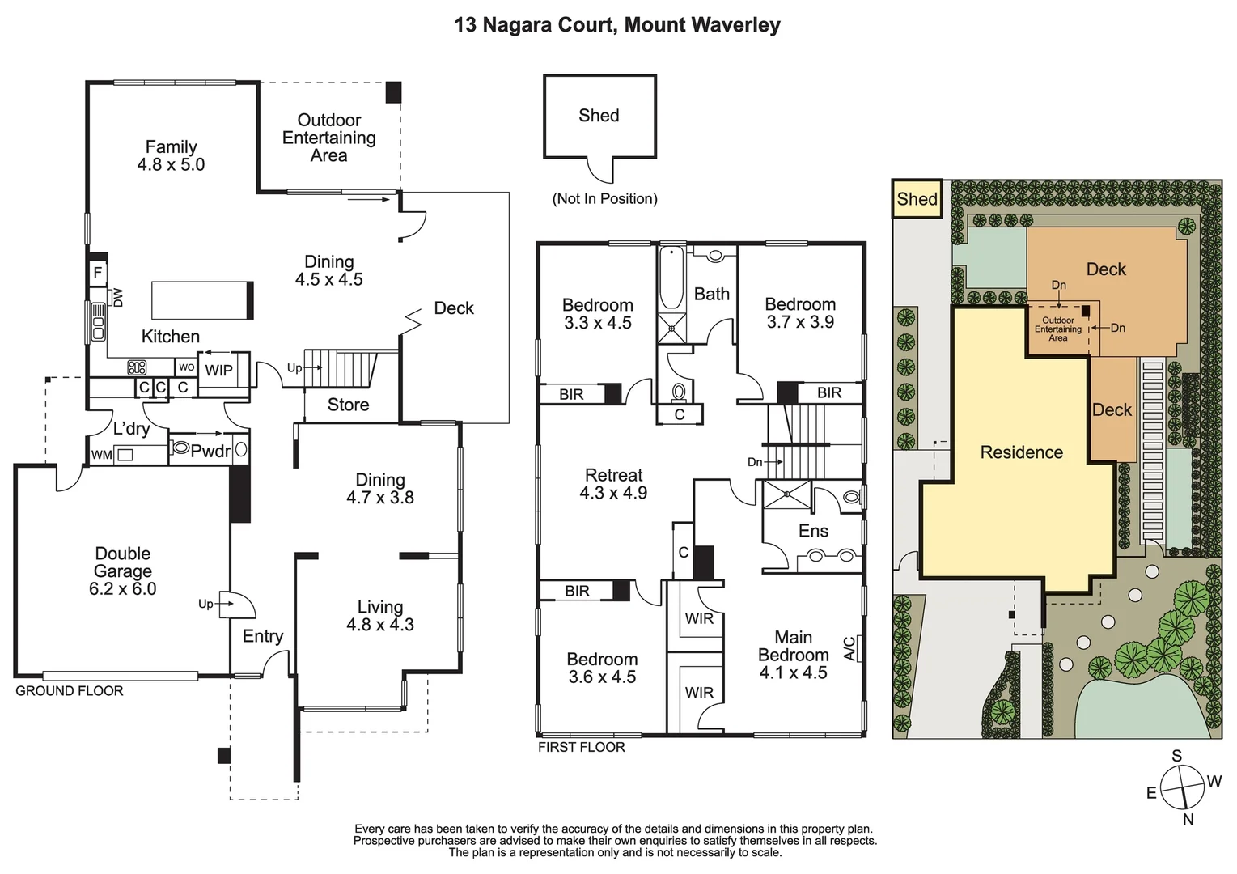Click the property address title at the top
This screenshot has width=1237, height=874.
click(617, 25)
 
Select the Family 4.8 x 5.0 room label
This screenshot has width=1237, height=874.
click(171, 155)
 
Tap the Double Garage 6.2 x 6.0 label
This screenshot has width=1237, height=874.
click(123, 571)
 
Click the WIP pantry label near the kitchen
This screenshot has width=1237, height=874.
click(218, 371)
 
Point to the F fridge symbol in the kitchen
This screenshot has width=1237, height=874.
click(98, 273)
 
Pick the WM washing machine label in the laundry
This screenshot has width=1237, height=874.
click(101, 455)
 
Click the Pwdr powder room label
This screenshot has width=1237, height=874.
click(210, 452)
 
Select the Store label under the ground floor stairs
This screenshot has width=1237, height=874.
click(348, 405)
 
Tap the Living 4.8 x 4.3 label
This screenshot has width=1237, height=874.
click(380, 616)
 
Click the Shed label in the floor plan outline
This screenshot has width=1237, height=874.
click(599, 116)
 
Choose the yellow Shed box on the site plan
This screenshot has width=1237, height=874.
click(917, 199)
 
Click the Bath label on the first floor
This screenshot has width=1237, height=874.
click(712, 295)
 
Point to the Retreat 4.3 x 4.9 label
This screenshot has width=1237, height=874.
click(613, 484)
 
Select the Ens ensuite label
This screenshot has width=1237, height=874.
click(813, 531)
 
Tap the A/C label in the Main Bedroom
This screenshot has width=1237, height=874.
click(849, 648)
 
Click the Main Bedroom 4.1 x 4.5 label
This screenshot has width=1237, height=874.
click(793, 655)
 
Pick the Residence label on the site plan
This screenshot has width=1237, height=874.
click(1021, 452)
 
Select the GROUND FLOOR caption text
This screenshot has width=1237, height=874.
click(70, 691)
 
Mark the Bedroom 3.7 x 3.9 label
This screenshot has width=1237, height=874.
click(800, 313)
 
